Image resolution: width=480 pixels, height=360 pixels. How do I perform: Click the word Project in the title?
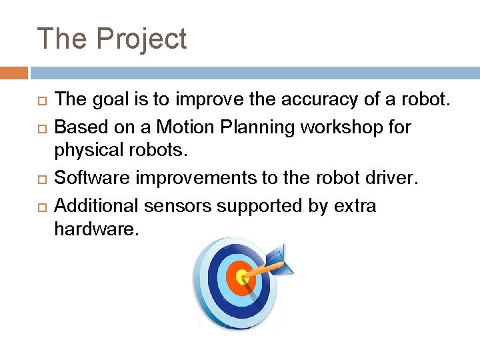(141, 40)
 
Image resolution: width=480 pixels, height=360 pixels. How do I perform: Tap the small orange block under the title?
(14, 73)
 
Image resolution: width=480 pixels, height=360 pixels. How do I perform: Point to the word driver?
(395, 179)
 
